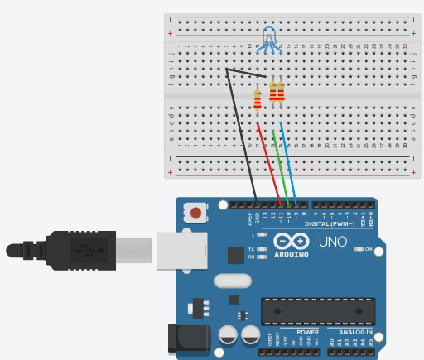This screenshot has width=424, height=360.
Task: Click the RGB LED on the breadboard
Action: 270,37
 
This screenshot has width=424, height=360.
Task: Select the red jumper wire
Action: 271,161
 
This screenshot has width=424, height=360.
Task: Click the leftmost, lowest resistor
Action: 257,99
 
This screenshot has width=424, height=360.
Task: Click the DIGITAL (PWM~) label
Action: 329,224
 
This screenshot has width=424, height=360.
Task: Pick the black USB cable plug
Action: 83,248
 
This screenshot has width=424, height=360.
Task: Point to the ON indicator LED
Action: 358,249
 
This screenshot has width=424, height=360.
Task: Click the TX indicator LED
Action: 262,248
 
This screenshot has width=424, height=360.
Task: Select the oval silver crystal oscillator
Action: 232,281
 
